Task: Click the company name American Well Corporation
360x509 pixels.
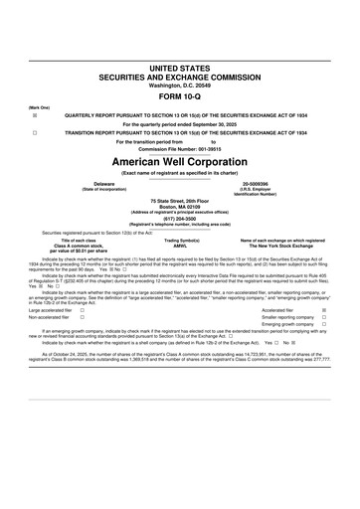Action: click(180, 160)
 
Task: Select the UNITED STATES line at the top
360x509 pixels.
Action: click(180, 67)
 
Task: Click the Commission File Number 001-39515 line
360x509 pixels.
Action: click(180, 149)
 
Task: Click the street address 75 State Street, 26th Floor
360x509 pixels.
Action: click(180, 202)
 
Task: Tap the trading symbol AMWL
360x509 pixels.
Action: click(181, 246)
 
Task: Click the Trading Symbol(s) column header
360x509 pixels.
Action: click(181, 241)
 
